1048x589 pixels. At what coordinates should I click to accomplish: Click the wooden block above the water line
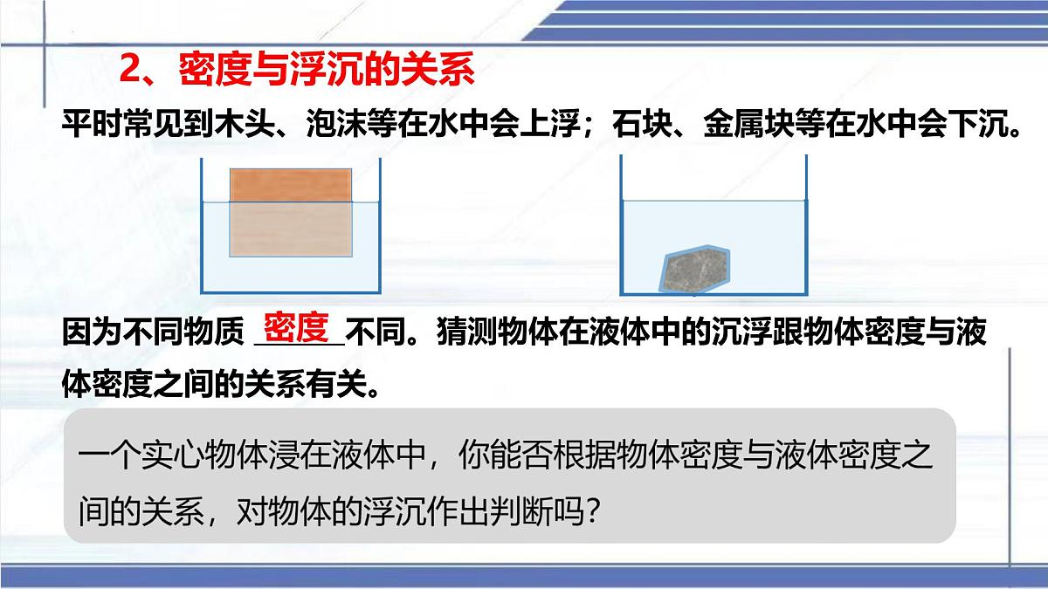(292, 184)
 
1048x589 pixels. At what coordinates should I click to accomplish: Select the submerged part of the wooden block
(292, 229)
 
